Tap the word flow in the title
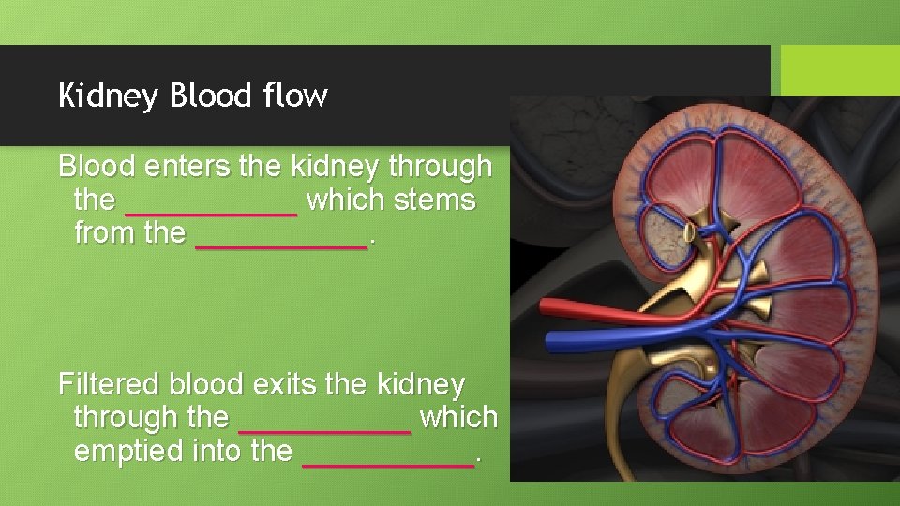tap(295, 95)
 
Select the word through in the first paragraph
tap(440, 167)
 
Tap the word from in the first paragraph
tap(105, 233)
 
